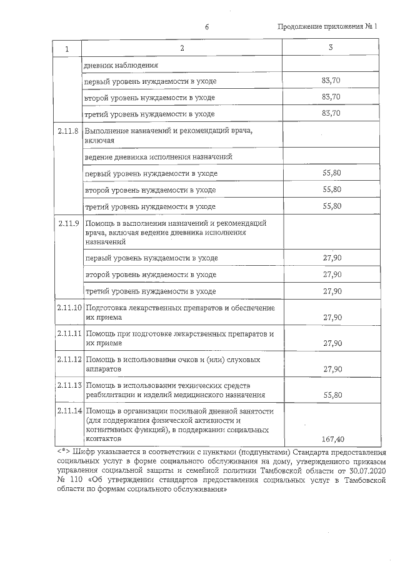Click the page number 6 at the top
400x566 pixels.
coord(206,26)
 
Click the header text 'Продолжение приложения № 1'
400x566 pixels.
coord(329,26)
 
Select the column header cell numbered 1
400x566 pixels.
coord(67,48)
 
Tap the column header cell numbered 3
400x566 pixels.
coord(331,48)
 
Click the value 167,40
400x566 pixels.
coord(331,439)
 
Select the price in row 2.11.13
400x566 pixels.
coord(332,395)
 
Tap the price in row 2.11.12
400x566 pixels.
coord(332,370)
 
